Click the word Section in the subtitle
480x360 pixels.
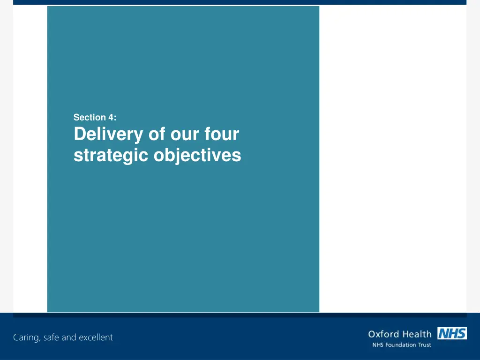click(90, 118)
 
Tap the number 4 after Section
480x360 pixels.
click(111, 118)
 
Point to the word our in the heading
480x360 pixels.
click(186, 135)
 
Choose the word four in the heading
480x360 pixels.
click(222, 135)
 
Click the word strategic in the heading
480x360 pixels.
click(111, 155)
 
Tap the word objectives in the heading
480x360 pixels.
click(197, 155)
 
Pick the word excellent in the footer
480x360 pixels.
click(96, 337)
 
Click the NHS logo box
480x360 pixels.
click(452, 333)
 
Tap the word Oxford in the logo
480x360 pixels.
click(383, 334)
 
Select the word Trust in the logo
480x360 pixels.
click(425, 345)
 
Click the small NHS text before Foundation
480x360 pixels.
click(377, 345)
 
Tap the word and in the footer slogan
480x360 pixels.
click(70, 337)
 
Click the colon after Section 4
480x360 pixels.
click(115, 118)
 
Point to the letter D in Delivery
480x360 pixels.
click(78, 135)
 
